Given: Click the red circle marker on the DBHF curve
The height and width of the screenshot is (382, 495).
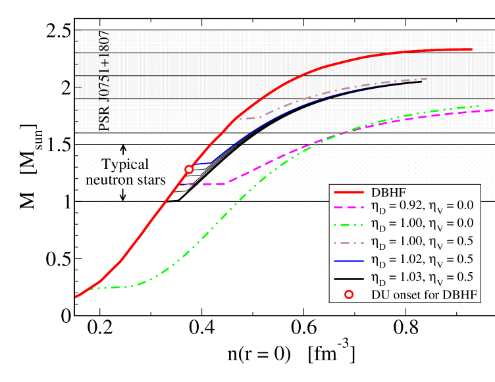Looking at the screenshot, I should (x=189, y=169).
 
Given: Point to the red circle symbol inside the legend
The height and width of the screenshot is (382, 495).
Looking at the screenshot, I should (x=349, y=294).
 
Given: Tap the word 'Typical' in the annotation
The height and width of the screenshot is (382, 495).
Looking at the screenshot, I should (x=124, y=164).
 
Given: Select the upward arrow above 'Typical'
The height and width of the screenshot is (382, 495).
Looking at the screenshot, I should (x=123, y=150).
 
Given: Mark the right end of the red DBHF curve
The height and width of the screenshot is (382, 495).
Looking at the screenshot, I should (x=472, y=49).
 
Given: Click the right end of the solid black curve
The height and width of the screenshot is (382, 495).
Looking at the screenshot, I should (x=421, y=82).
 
